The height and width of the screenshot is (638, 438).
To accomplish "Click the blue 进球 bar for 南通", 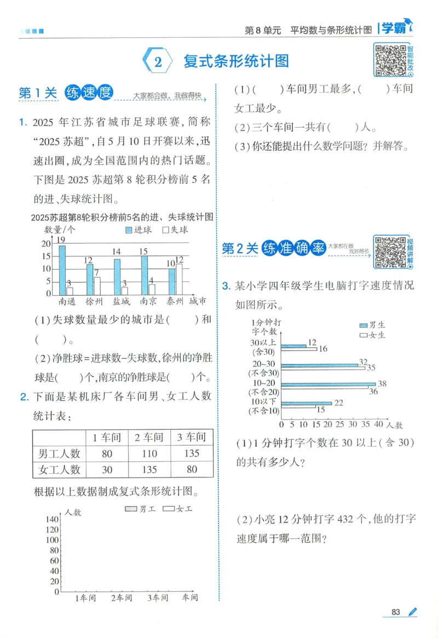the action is click(x=62, y=269).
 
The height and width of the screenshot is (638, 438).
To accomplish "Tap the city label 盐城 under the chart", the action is click(x=121, y=301).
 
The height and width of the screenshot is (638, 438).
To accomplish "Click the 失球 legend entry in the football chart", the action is click(x=175, y=230).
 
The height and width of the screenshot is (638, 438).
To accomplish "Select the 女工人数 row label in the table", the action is click(x=59, y=469).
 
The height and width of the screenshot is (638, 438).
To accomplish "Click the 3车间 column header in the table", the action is click(x=191, y=437).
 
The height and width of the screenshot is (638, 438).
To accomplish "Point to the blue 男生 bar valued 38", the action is click(x=328, y=384).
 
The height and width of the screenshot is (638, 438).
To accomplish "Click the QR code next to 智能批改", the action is click(x=389, y=59).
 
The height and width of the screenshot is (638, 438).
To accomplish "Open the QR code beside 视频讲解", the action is click(x=390, y=252).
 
